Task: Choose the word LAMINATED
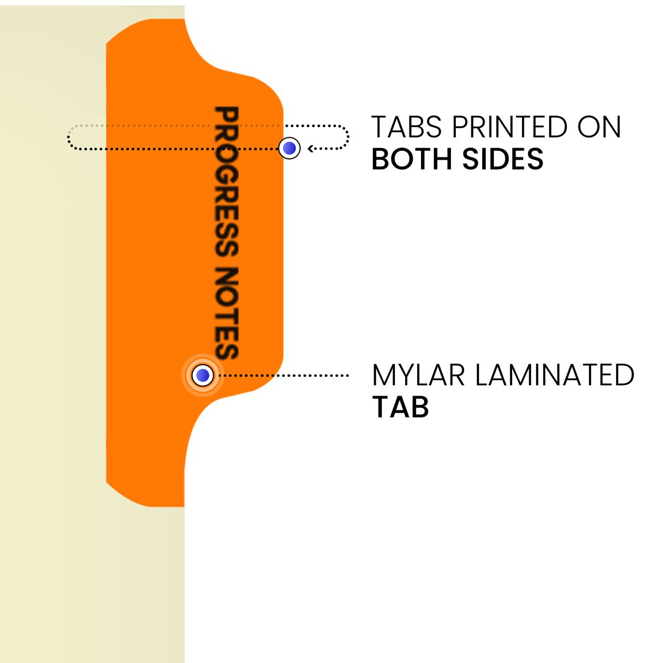555,376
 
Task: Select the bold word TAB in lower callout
401,407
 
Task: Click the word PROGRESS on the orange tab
226,182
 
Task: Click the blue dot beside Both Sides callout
289,148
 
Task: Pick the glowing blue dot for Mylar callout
203,376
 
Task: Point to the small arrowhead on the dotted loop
311,148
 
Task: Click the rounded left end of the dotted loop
69,138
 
